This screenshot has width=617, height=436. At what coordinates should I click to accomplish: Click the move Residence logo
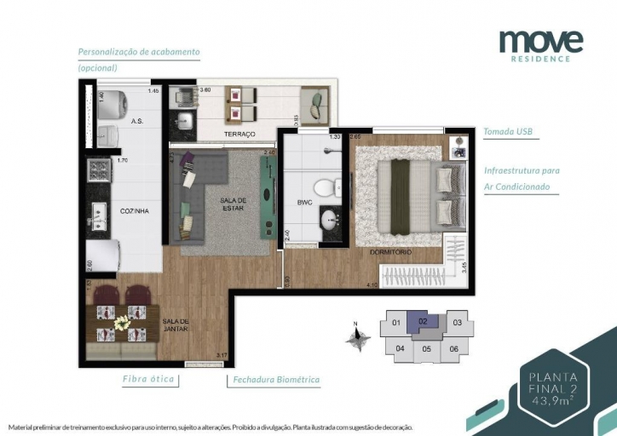540,44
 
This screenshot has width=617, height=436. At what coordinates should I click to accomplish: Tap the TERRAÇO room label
239,135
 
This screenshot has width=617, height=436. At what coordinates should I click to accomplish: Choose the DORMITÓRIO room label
390,253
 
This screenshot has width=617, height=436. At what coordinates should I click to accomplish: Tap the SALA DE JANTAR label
176,325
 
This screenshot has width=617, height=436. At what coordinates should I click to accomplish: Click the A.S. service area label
136,122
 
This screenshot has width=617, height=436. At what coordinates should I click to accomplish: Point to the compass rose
359,336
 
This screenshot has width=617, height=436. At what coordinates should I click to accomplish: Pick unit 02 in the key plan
424,322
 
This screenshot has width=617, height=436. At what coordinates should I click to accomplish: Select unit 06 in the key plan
455,348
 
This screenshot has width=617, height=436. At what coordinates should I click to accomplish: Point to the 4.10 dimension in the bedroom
371,284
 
